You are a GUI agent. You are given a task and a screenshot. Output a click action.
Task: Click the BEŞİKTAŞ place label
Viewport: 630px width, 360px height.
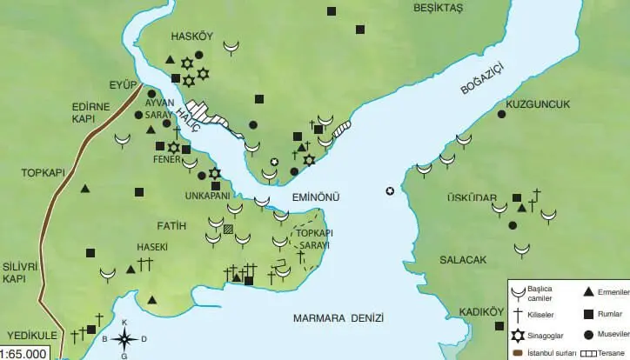coord(438,7)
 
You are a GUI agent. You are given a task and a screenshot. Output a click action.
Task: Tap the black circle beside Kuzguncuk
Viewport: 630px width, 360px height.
coord(501,114)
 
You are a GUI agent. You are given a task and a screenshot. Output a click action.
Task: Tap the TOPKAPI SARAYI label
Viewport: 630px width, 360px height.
coord(318,240)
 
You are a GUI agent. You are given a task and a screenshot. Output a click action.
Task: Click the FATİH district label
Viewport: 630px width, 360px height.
coord(174,226)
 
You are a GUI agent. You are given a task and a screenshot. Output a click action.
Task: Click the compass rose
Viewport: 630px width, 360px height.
coord(124,337)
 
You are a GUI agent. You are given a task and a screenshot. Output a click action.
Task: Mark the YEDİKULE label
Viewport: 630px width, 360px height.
coord(31,334)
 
